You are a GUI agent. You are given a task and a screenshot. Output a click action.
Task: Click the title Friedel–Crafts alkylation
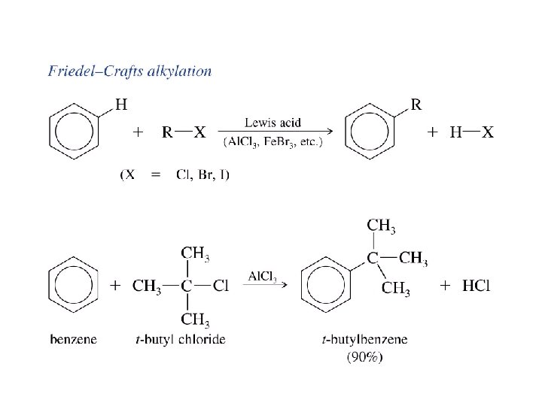(129, 72)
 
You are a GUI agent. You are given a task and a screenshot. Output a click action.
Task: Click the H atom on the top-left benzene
(120, 103)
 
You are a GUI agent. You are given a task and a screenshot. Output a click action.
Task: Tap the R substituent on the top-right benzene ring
(416, 104)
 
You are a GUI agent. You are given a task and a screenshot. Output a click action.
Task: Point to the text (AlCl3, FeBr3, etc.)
(273, 144)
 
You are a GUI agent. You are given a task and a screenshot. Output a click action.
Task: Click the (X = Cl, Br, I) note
(175, 175)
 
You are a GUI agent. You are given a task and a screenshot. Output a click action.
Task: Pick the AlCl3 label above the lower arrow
(263, 276)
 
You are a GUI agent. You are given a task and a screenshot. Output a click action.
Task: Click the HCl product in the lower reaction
(476, 286)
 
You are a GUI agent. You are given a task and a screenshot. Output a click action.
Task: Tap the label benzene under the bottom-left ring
(73, 340)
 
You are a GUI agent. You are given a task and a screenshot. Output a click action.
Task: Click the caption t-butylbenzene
(364, 340)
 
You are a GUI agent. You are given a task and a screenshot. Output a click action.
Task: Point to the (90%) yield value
(364, 357)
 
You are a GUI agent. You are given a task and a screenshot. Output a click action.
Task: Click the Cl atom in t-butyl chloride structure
(221, 286)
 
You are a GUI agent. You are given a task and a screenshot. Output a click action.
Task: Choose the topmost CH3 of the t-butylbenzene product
(382, 225)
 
